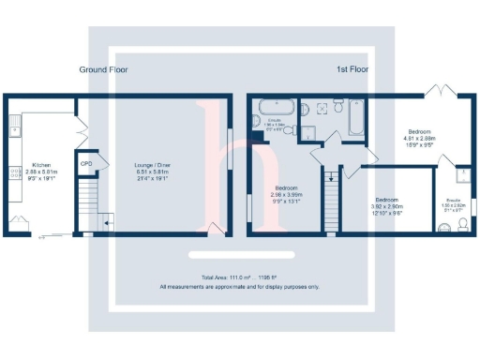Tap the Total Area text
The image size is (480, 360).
(x=239, y=278)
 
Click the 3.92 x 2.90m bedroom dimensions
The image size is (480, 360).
(x=387, y=207)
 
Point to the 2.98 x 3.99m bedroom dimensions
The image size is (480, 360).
(x=285, y=193)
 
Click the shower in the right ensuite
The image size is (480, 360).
(x=461, y=175)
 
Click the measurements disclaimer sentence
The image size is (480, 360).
(x=239, y=286)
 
